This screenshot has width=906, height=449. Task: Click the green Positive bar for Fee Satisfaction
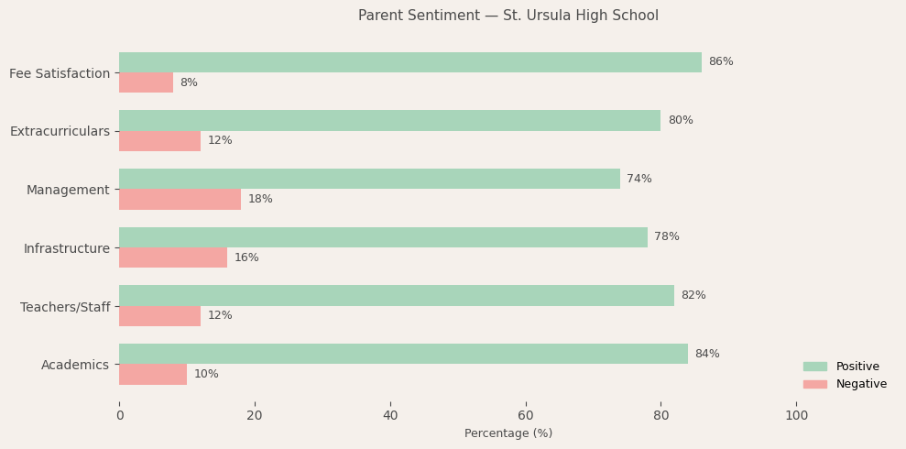(409, 62)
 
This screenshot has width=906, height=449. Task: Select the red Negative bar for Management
(180, 200)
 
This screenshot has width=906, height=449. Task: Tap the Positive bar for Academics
(403, 354)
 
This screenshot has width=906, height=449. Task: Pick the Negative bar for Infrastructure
(173, 257)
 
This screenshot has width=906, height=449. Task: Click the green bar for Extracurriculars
(389, 121)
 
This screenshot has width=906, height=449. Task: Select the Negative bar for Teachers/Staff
(159, 316)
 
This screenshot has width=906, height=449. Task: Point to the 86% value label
(721, 62)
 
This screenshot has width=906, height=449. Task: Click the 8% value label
(189, 83)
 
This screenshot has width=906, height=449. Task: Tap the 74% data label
(639, 179)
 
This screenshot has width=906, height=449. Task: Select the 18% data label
(260, 200)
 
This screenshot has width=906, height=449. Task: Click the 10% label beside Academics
(206, 375)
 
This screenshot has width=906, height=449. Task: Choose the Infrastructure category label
(66, 248)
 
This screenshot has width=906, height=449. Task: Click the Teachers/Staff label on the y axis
(65, 307)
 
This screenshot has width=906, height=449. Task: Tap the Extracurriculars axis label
(60, 131)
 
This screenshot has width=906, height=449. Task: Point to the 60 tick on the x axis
(526, 416)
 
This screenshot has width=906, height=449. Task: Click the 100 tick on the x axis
(797, 416)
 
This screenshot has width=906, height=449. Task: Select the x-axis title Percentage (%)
(508, 433)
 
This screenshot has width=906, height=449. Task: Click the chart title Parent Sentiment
(508, 16)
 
